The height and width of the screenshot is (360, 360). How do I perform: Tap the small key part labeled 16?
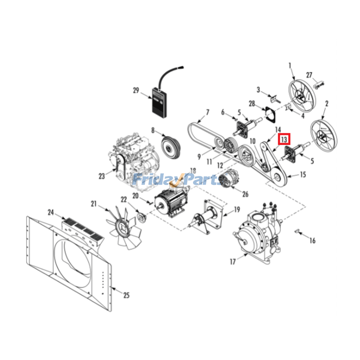click(x=297, y=231)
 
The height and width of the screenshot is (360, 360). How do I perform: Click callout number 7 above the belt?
click(x=207, y=112)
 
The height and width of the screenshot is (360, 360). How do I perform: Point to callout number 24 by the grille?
click(x=51, y=212)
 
